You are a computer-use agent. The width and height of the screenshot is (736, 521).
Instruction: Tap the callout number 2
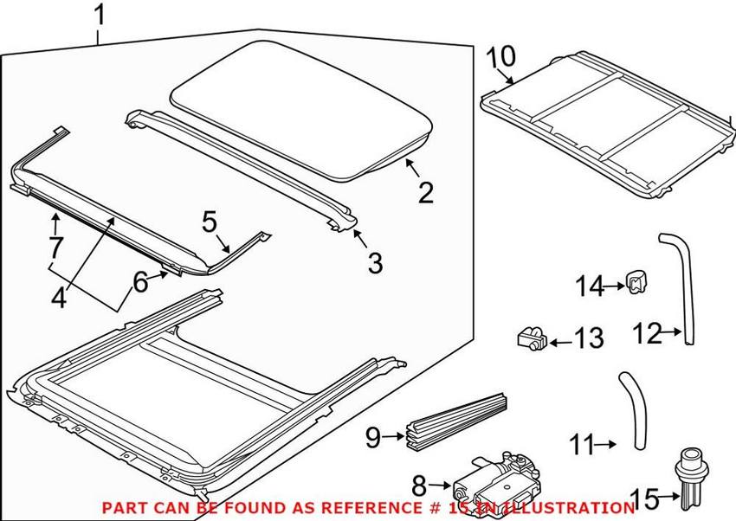pyautogui.click(x=425, y=190)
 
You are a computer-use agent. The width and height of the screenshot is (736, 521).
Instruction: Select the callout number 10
pyautogui.click(x=500, y=56)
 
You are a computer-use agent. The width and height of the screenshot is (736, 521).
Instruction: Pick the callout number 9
pyautogui.click(x=373, y=439)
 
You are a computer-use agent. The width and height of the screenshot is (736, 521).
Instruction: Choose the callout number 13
pyautogui.click(x=589, y=338)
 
